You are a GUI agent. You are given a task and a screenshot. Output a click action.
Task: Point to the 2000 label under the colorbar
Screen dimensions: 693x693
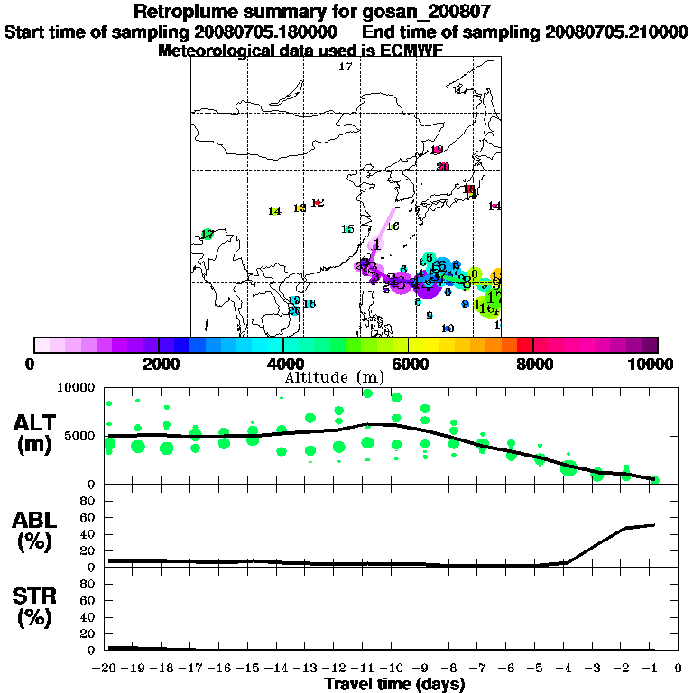(x=159, y=365)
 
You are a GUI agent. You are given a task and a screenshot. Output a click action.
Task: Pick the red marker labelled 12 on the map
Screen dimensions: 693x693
(x=318, y=203)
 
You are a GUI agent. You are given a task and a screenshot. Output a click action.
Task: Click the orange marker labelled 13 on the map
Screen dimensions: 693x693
(x=300, y=208)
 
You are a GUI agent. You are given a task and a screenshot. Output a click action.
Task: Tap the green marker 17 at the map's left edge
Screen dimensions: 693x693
(x=208, y=235)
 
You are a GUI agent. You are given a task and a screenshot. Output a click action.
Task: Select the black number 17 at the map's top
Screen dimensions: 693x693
(x=345, y=68)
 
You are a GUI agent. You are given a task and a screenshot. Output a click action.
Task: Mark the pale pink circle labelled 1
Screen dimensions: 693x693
(x=376, y=243)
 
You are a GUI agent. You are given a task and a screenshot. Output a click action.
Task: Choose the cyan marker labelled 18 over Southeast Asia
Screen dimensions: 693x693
(x=310, y=304)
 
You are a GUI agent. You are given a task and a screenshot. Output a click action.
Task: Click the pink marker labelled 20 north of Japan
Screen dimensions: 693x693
(x=443, y=167)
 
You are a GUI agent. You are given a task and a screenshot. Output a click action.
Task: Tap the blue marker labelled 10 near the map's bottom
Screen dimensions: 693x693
(x=448, y=328)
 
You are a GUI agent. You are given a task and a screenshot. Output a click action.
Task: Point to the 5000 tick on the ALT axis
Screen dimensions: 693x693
(x=81, y=436)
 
